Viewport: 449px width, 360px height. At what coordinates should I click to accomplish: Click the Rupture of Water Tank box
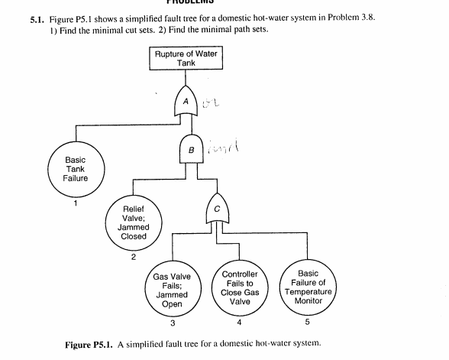(x=186, y=58)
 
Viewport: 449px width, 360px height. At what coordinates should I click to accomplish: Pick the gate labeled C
(x=218, y=209)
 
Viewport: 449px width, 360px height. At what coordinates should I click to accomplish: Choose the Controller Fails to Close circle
(x=240, y=287)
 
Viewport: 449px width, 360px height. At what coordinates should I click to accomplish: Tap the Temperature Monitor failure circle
(x=308, y=287)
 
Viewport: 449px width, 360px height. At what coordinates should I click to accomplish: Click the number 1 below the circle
(x=75, y=203)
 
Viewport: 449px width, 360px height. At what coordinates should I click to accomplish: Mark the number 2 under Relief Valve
(x=134, y=256)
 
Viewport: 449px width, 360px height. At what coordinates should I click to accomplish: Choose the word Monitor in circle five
(x=308, y=301)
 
